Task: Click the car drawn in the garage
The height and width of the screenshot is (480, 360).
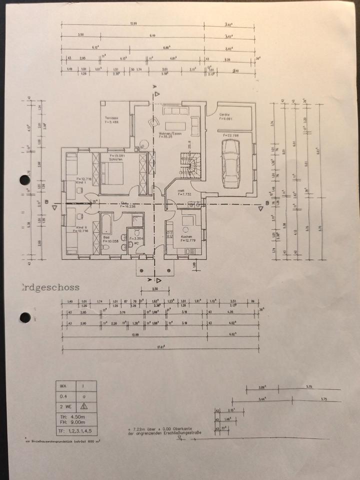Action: tap(231, 161)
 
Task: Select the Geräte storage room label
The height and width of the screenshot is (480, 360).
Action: tap(223, 115)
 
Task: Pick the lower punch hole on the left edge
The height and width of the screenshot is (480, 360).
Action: tap(23, 317)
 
